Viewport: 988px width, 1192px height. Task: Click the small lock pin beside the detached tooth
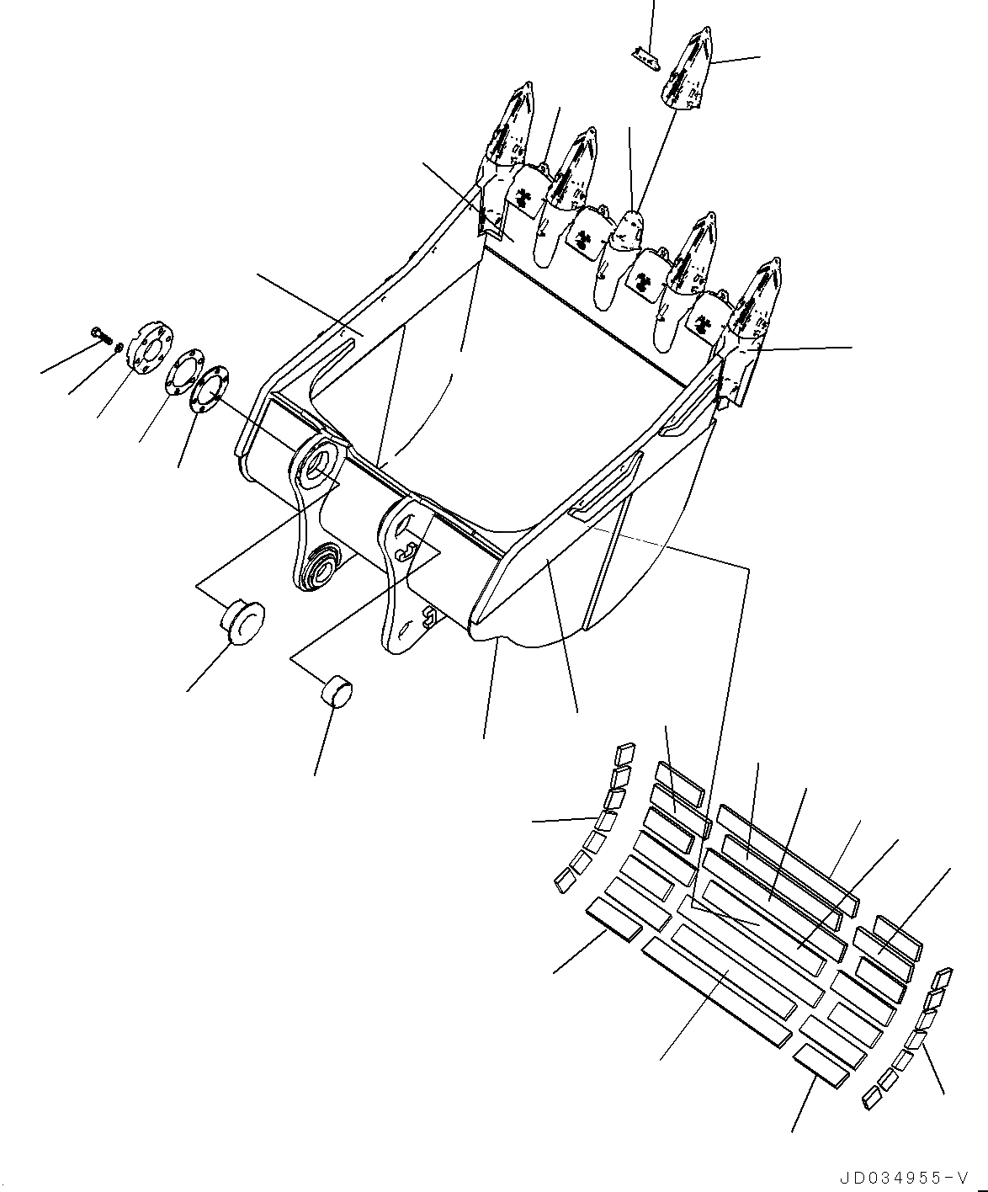643,55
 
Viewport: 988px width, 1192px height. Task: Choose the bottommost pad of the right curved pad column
872,1095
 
